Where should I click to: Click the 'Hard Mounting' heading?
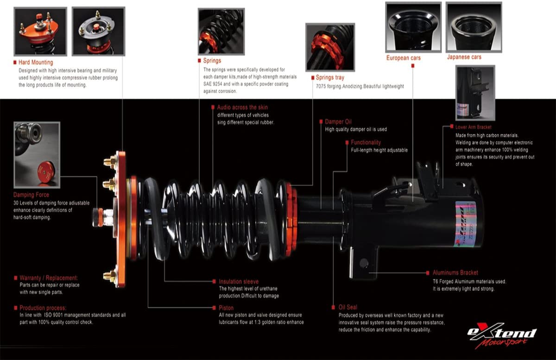click(x=36, y=62)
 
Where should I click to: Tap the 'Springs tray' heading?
click(x=330, y=77)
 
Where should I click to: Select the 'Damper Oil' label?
click(x=338, y=122)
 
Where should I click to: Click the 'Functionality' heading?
click(x=366, y=142)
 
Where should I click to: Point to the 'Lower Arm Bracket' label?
click(x=474, y=126)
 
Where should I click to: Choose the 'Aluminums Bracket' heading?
click(x=455, y=272)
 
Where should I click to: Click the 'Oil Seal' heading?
click(x=347, y=307)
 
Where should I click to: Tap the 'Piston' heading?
click(x=226, y=308)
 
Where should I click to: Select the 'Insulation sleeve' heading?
click(x=239, y=281)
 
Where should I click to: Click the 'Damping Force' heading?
click(x=31, y=195)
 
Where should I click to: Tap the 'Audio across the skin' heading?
click(x=242, y=107)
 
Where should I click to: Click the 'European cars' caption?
click(x=404, y=58)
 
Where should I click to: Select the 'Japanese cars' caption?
click(x=464, y=57)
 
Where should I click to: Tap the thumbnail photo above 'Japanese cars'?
click(x=473, y=27)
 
